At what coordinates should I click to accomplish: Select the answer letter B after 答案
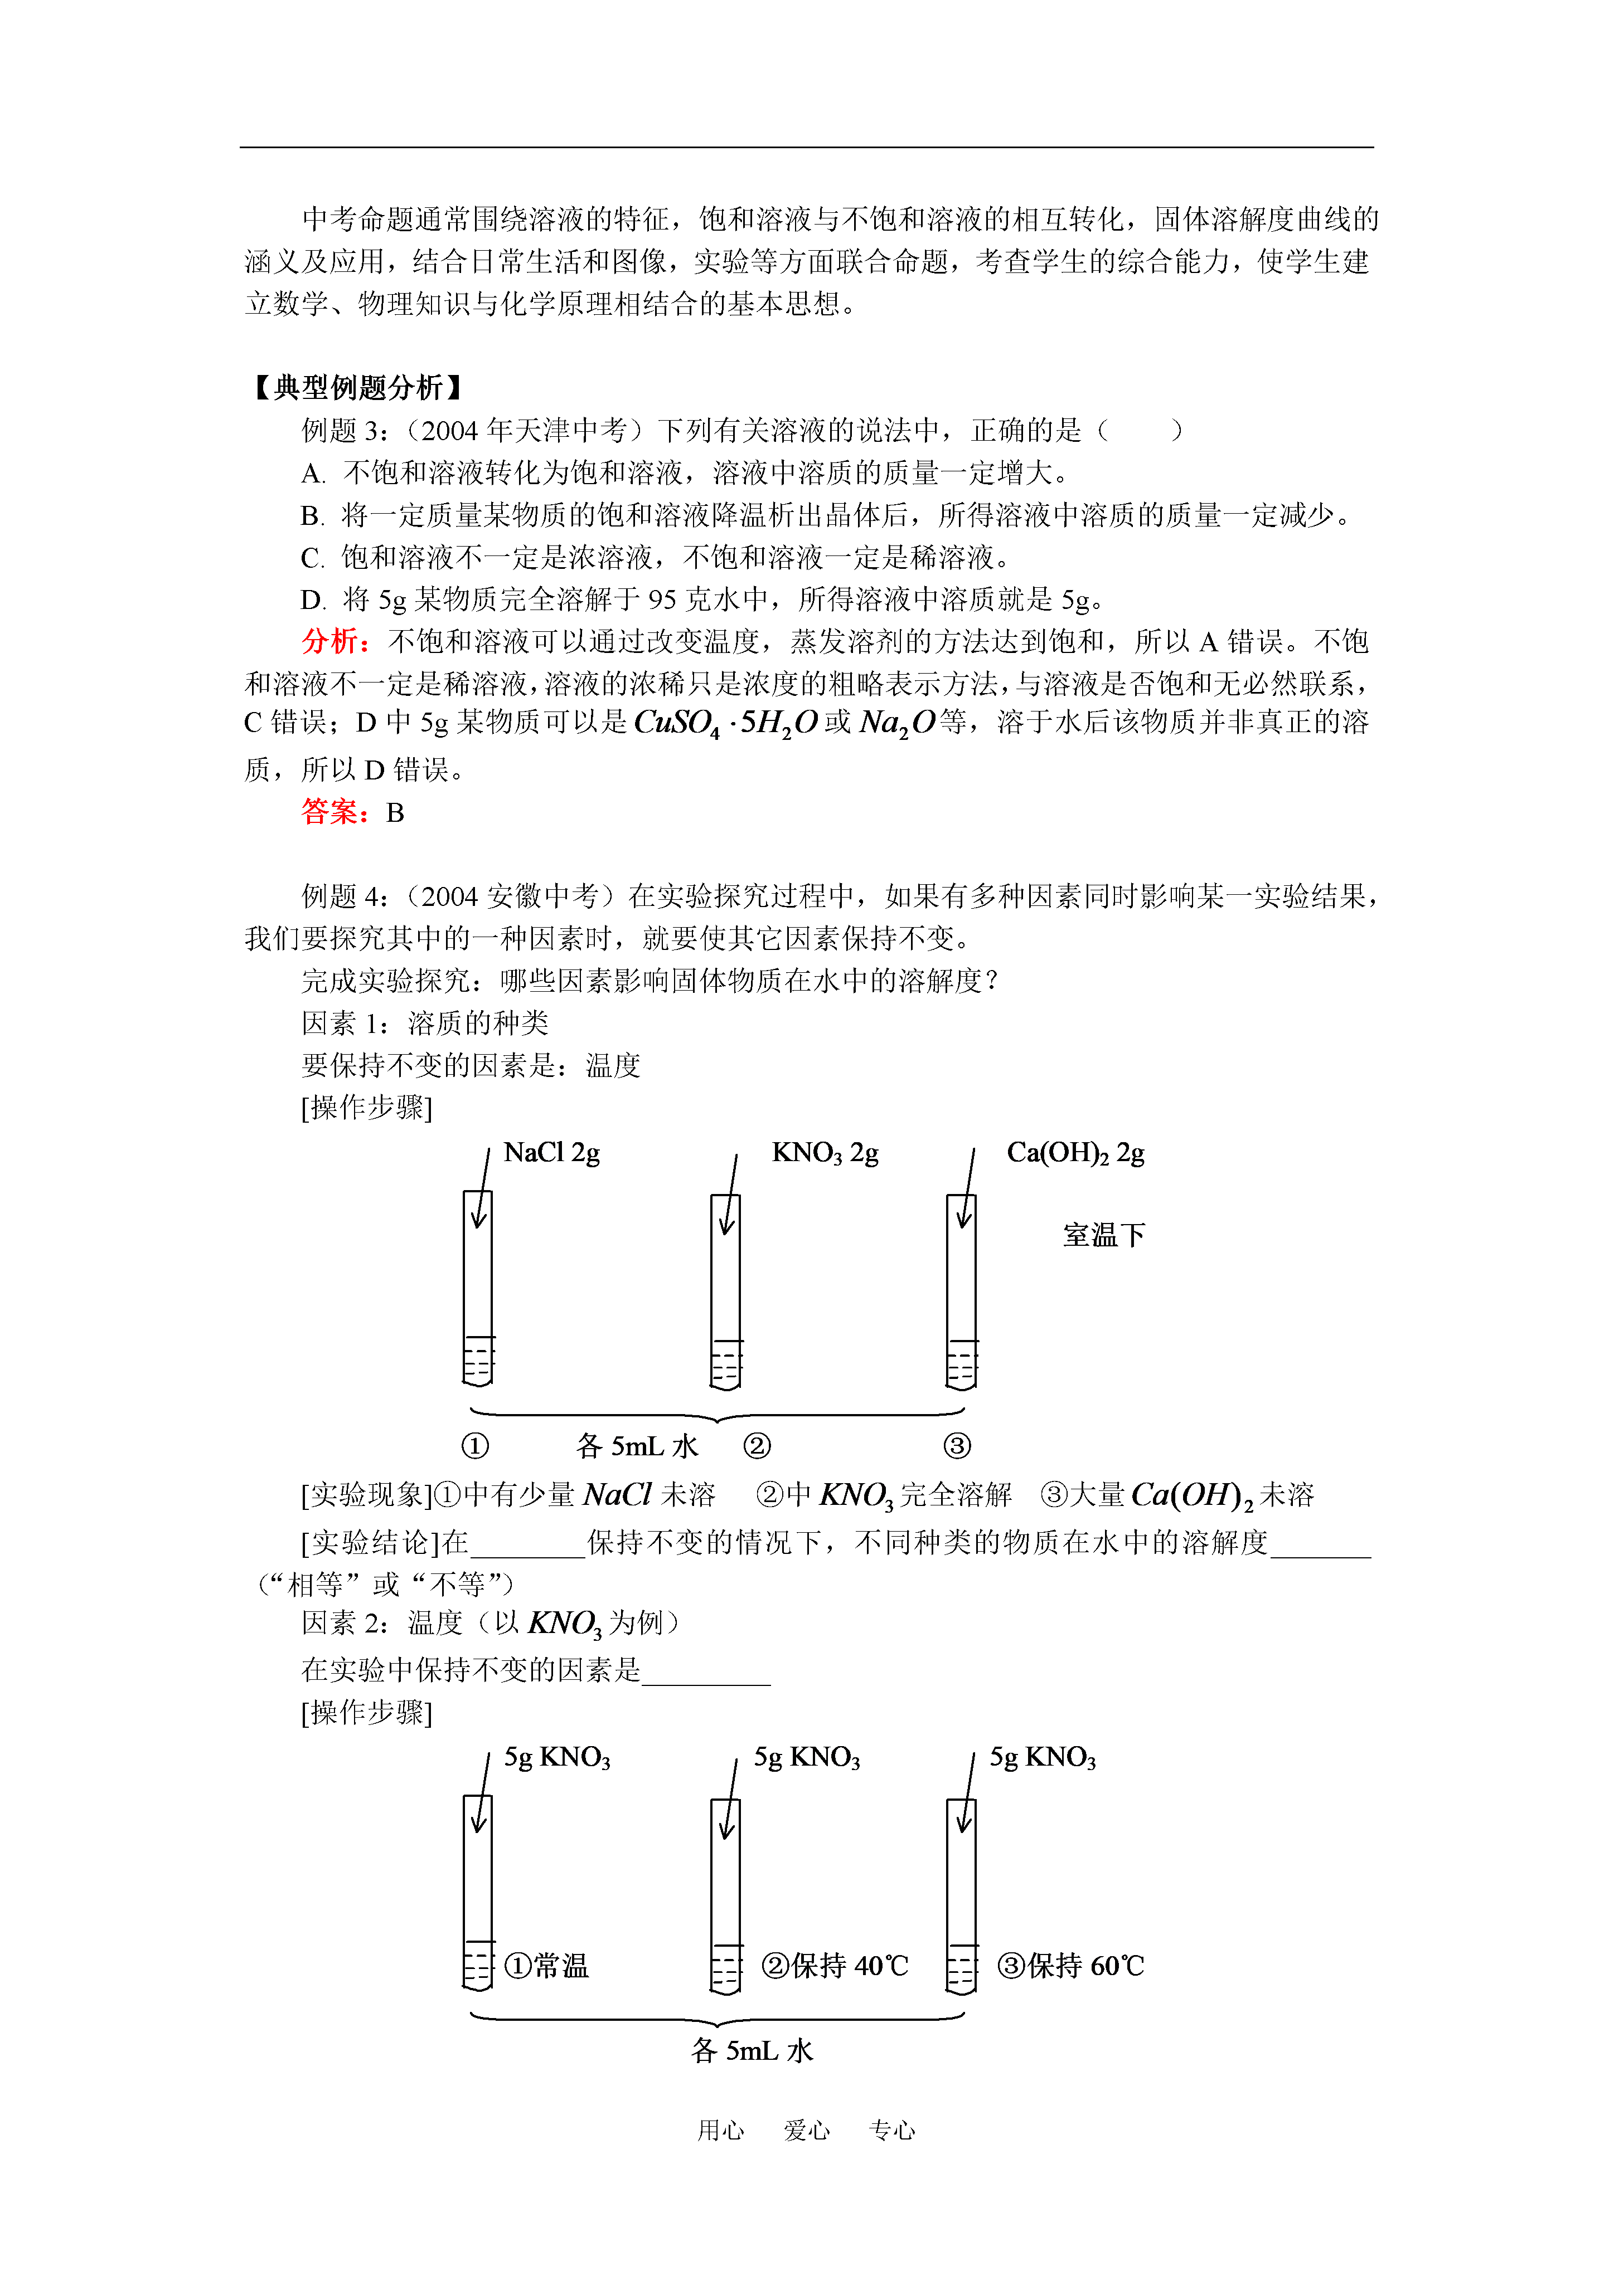coord(395,813)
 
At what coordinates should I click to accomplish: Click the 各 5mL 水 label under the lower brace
coord(752,2050)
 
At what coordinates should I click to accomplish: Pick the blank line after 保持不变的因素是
coord(706,1671)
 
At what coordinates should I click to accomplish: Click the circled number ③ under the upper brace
coord(957,1445)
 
